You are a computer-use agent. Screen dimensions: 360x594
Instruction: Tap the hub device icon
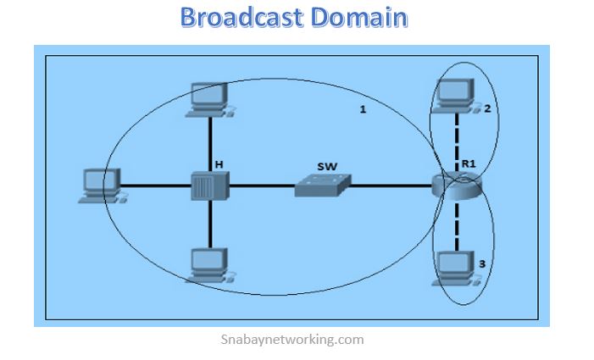(x=208, y=184)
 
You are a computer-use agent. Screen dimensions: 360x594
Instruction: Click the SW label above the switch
(x=327, y=167)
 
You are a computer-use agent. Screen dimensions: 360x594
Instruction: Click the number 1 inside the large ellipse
(x=363, y=112)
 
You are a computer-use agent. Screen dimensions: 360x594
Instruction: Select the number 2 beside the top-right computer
(x=487, y=108)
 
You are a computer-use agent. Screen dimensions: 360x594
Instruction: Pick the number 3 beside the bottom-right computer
(x=481, y=264)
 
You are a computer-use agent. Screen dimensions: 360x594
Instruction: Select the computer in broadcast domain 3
(x=454, y=266)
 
